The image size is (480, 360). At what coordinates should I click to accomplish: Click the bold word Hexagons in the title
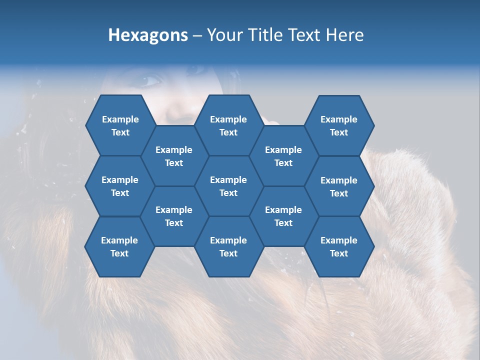(148, 35)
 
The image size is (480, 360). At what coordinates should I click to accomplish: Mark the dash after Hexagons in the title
(197, 35)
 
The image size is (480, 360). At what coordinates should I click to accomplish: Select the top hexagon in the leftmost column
(120, 125)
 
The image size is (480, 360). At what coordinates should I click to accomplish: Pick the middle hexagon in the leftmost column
(120, 186)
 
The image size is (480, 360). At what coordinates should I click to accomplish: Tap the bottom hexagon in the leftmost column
(119, 246)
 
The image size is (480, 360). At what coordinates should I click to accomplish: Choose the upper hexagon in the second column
(174, 156)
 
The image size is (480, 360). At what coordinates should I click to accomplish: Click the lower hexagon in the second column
(174, 216)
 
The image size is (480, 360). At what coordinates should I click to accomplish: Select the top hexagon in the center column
(228, 125)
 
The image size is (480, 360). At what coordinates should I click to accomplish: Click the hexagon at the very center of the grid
(228, 186)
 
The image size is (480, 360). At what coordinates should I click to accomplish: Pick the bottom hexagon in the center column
(228, 246)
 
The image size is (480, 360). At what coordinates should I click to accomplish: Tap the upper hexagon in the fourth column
(283, 156)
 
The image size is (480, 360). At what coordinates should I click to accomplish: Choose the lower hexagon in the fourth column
(283, 216)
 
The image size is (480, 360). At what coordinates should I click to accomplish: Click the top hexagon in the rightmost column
(339, 125)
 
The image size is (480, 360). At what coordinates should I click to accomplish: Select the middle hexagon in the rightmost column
(339, 186)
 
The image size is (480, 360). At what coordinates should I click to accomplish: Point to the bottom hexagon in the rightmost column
(339, 246)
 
